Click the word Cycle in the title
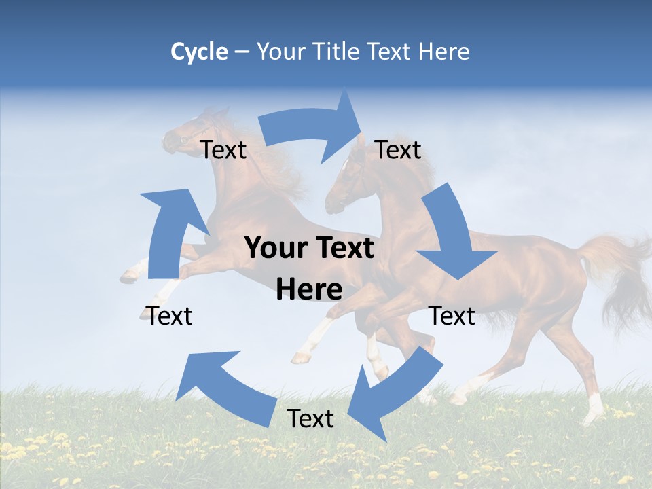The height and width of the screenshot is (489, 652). point(199,52)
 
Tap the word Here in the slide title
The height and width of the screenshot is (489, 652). point(444,52)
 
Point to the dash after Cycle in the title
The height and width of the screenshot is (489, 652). point(242,52)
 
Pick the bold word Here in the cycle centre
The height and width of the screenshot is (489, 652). point(309,290)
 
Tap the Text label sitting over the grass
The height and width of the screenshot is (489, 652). point(310,418)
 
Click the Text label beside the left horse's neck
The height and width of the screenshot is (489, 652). point(223,149)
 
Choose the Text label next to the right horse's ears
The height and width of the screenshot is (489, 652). point(398,149)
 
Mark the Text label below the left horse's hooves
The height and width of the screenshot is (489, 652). point(170,316)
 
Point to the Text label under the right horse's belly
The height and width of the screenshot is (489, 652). point(452,316)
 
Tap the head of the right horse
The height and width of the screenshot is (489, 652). point(346,183)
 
